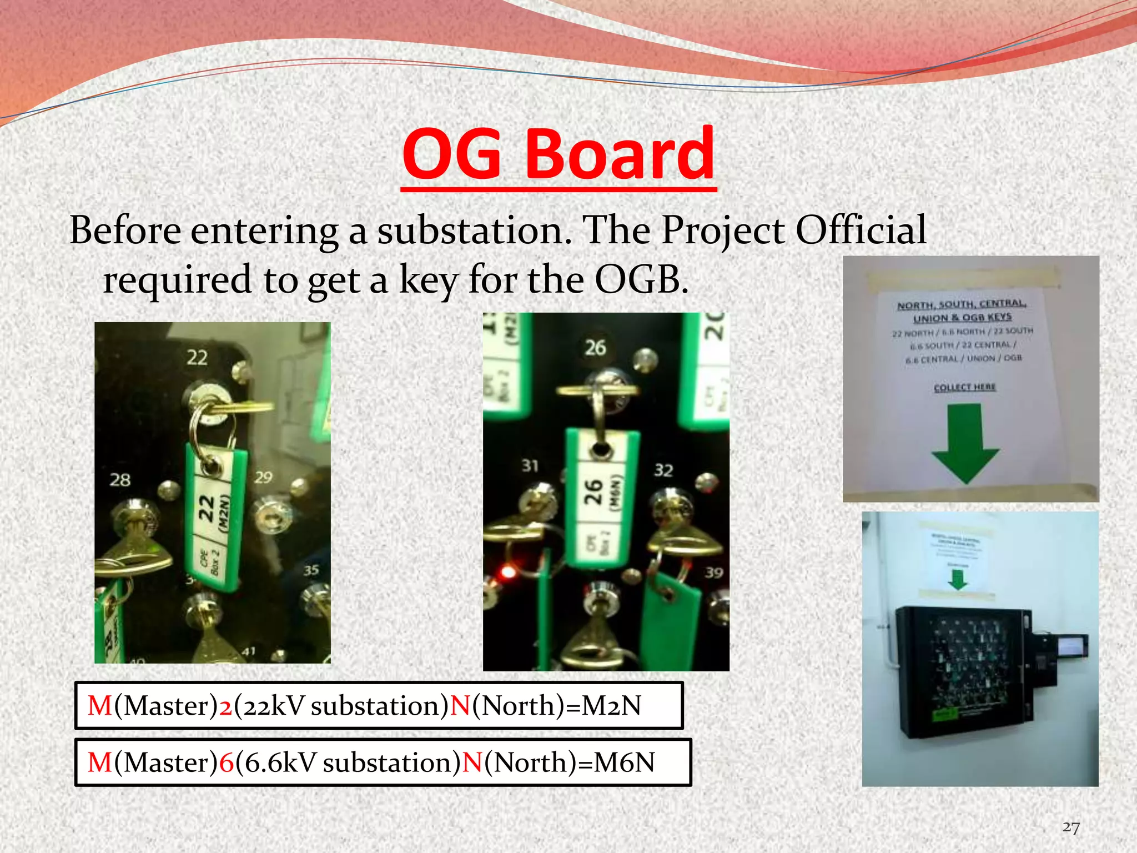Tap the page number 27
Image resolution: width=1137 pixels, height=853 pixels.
1070,827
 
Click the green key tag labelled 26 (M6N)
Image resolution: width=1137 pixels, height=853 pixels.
600,494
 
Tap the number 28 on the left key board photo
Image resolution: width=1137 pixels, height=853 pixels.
120,479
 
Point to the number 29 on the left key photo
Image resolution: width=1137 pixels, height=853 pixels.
263,477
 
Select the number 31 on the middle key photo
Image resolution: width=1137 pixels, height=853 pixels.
530,465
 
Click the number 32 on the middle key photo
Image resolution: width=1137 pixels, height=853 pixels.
663,470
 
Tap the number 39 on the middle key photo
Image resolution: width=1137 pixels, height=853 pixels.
713,572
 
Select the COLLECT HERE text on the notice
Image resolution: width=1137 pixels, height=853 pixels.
964,387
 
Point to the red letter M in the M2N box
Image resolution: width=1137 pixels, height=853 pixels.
100,706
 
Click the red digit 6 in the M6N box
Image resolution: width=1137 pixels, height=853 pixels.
226,762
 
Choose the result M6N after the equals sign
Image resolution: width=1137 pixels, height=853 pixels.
624,762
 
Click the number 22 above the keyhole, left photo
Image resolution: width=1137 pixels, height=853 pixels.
197,357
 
